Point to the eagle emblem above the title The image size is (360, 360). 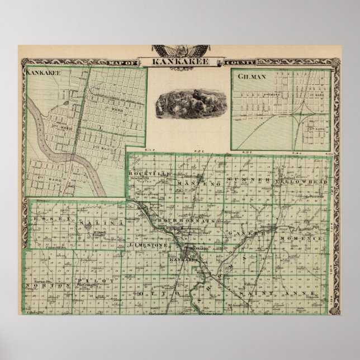point(180,49)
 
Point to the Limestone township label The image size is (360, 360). point(147,245)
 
